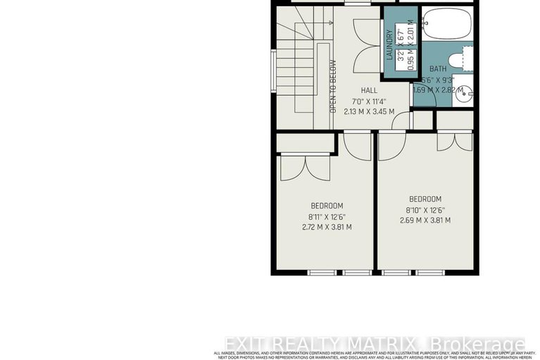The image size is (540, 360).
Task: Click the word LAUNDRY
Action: click(x=389, y=44)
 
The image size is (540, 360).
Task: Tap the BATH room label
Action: click(x=438, y=68)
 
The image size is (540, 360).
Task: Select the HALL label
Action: click(x=369, y=90)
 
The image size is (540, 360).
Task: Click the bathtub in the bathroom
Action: click(x=446, y=25)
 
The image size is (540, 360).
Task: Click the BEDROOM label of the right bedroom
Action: click(x=425, y=199)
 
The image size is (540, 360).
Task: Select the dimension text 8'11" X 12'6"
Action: click(x=326, y=216)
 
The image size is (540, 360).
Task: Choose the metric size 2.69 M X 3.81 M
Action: click(x=425, y=221)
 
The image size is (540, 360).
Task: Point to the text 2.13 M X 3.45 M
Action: click(x=369, y=111)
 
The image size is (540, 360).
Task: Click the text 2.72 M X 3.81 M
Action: click(x=326, y=227)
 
